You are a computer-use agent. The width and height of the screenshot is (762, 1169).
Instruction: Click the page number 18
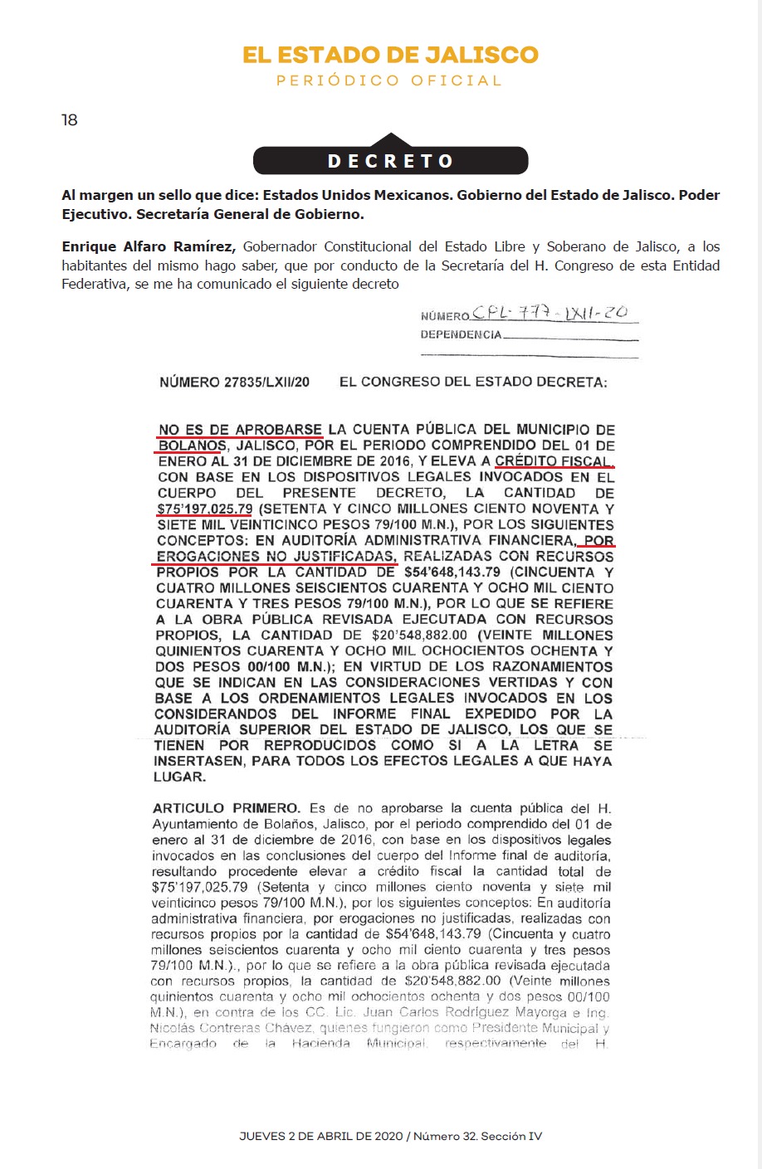coord(70,120)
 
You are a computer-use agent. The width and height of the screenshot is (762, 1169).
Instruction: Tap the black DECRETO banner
coord(390,160)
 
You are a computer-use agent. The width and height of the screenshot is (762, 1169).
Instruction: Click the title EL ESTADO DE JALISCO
coord(390,56)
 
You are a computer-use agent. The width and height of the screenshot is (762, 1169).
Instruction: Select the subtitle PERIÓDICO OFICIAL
coord(390,81)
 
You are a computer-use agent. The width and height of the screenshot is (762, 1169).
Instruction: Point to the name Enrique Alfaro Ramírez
coord(149,247)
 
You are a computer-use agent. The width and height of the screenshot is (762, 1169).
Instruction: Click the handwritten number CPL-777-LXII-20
coord(550,313)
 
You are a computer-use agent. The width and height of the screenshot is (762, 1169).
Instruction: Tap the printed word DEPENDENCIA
coord(461,335)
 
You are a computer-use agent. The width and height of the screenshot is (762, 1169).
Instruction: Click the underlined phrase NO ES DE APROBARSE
coord(240,430)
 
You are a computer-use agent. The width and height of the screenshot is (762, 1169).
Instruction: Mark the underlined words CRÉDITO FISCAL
coord(554,461)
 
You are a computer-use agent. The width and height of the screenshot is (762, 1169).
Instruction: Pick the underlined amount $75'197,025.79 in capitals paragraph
coord(205,509)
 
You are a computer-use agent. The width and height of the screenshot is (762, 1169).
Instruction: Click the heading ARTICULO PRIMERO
coord(226,808)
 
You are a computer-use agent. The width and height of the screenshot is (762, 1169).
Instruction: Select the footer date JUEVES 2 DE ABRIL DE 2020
coord(320,1136)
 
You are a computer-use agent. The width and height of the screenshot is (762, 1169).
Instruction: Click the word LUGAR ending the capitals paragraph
coord(180,777)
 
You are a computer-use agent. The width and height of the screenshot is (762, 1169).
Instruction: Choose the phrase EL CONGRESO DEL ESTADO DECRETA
coord(473,382)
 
